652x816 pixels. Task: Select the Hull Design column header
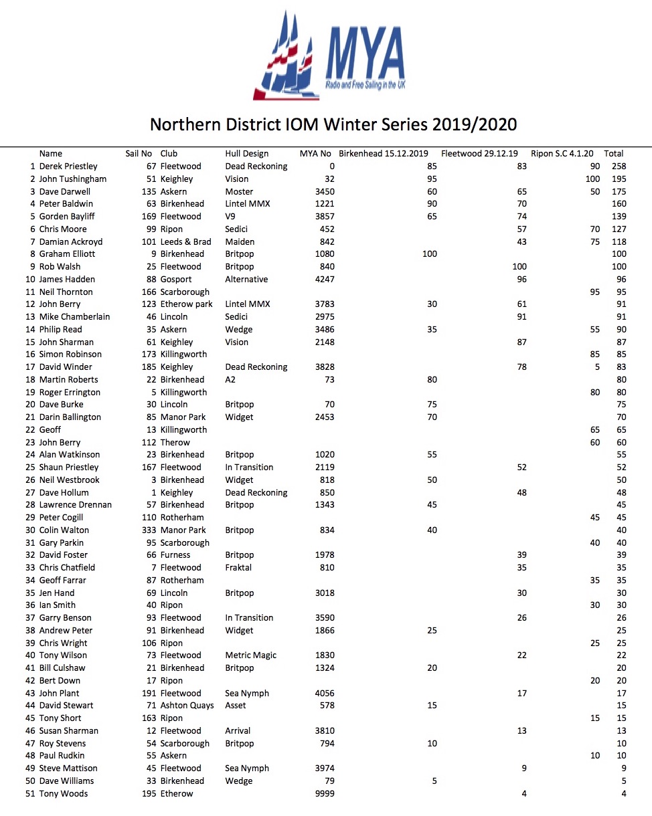pos(246,154)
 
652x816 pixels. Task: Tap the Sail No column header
pos(139,154)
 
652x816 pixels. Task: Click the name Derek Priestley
pos(68,166)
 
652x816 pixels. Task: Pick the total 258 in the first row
pos(619,166)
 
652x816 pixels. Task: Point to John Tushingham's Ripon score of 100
pos(592,179)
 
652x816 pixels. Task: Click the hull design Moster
pos(239,191)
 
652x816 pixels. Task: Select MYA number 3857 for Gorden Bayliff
pos(325,216)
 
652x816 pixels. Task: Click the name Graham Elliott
pos(67,253)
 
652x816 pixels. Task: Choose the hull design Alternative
pos(246,279)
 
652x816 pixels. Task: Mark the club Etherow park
pos(186,304)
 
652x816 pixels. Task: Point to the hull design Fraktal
pos(238,567)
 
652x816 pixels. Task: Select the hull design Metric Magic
pos(250,655)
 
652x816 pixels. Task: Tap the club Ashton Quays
pos(187,705)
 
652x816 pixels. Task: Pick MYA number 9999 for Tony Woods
pos(325,793)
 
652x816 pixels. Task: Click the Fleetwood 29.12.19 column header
pos(479,154)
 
